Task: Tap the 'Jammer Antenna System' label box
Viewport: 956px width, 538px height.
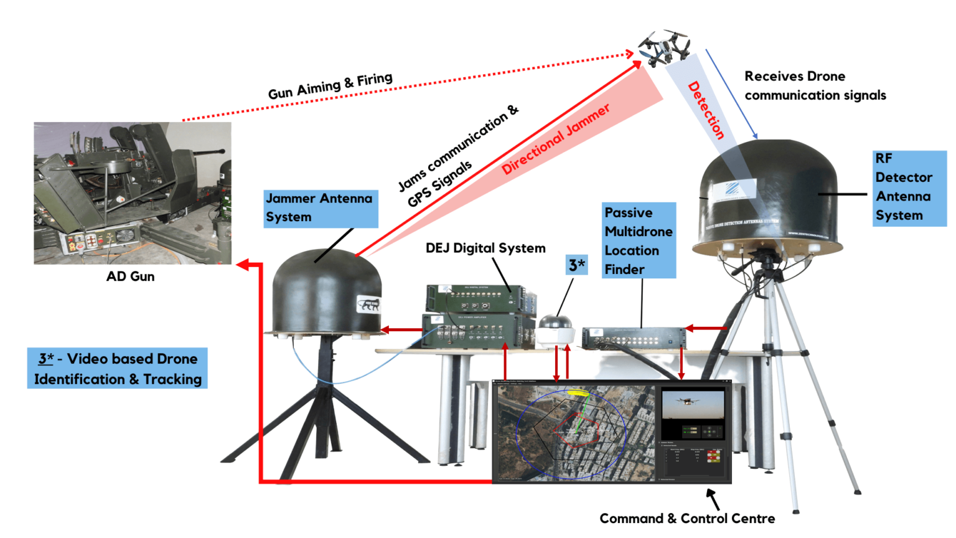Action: pyautogui.click(x=321, y=209)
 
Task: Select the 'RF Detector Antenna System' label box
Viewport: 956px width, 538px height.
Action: pyautogui.click(x=909, y=187)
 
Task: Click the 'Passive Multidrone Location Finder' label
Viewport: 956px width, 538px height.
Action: pyautogui.click(x=639, y=240)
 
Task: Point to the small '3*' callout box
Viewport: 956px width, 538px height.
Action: pyautogui.click(x=576, y=265)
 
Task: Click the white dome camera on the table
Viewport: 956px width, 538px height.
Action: pyautogui.click(x=556, y=331)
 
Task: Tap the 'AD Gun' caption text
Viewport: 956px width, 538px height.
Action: pyautogui.click(x=130, y=276)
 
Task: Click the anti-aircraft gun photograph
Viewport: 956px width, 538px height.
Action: pyautogui.click(x=133, y=192)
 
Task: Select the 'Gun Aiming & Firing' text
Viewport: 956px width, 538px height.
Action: pyautogui.click(x=330, y=86)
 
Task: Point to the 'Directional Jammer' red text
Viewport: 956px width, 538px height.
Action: pyautogui.click(x=555, y=139)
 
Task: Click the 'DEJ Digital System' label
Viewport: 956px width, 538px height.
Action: pyautogui.click(x=485, y=248)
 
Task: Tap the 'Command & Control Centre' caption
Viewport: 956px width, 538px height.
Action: pyautogui.click(x=687, y=519)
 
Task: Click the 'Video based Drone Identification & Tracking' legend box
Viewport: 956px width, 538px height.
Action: pyautogui.click(x=118, y=369)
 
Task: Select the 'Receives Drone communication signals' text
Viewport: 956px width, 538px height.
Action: pyautogui.click(x=814, y=86)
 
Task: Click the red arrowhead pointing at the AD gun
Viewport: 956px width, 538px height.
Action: pyautogui.click(x=242, y=265)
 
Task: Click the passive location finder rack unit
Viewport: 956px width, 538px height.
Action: pyautogui.click(x=633, y=338)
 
